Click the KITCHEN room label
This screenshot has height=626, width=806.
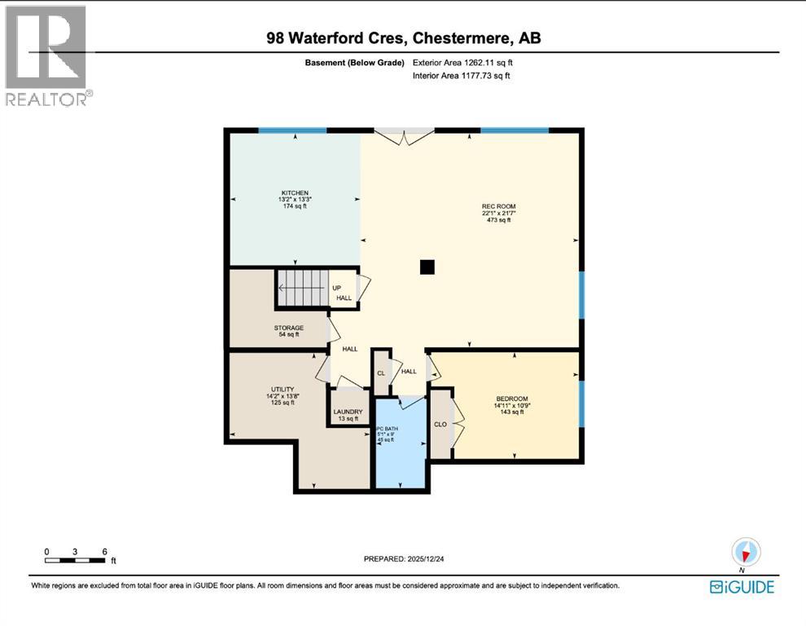296,192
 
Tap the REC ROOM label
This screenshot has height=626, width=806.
498,206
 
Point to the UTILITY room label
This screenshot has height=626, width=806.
282,390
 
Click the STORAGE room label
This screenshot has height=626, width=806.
288,328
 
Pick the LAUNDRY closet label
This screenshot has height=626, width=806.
348,412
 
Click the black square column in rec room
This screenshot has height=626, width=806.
427,267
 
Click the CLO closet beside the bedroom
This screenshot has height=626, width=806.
440,424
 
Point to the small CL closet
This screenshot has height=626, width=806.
380,373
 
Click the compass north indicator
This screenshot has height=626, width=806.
746,551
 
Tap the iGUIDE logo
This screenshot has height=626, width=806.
742,586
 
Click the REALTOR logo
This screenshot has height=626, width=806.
46,55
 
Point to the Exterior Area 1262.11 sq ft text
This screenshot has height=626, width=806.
462,62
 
